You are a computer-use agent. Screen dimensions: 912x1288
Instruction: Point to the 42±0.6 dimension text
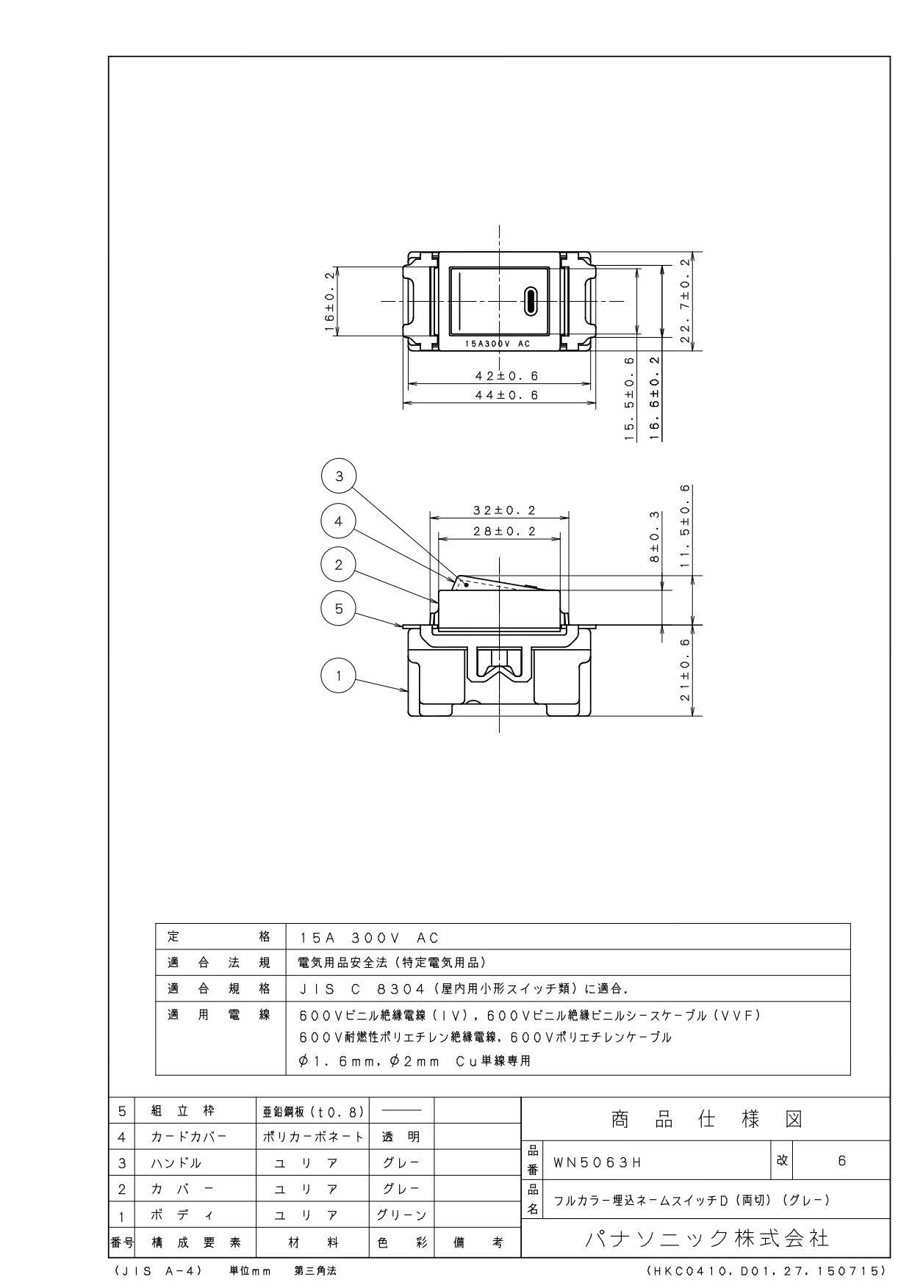point(506,376)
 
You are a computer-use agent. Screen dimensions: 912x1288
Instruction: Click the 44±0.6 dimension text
point(506,395)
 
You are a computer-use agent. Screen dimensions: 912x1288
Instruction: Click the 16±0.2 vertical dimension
point(330,301)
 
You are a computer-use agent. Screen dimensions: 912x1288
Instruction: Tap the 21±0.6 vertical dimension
point(685,670)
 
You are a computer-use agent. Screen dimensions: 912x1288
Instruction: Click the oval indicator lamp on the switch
point(530,301)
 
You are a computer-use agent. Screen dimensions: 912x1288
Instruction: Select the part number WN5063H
point(597,1162)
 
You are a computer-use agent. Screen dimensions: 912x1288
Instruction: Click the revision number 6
point(841,1161)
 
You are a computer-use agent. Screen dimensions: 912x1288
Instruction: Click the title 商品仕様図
point(706,1119)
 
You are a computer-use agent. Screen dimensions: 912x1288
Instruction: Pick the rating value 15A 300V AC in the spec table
point(370,938)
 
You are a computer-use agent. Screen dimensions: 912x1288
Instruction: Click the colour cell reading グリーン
point(401,1215)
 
